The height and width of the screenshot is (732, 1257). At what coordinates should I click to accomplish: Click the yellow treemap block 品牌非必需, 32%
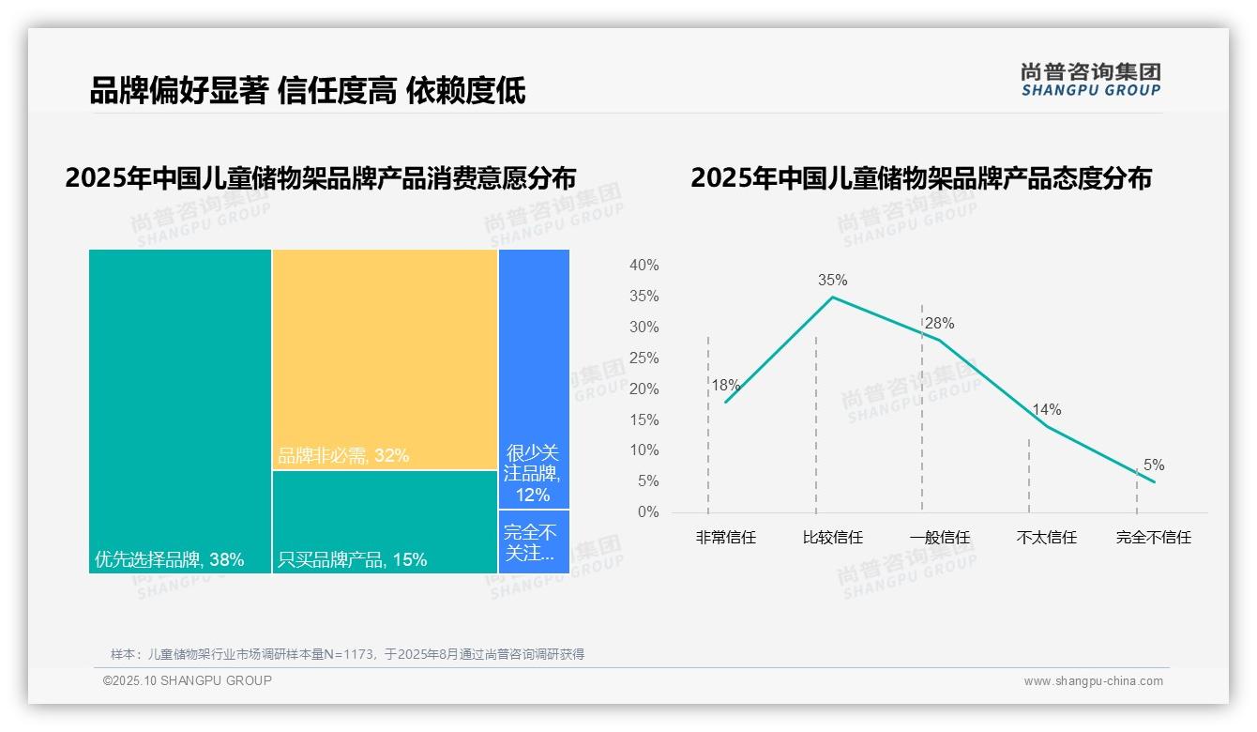point(385,359)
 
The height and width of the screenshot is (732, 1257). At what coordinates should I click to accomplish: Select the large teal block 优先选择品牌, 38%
point(180,411)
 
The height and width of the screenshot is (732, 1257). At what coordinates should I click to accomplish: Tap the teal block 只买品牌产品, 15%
point(385,522)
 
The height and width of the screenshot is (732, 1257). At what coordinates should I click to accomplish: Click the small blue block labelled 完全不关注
point(534,541)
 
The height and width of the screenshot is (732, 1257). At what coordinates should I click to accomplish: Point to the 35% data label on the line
point(832,280)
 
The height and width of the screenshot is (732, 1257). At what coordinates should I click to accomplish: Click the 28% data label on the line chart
point(939,324)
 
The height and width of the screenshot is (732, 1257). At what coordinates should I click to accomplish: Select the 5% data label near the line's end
point(1153,465)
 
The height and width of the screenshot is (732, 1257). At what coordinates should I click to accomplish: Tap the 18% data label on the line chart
point(725,385)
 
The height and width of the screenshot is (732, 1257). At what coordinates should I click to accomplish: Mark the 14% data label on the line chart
point(1046,410)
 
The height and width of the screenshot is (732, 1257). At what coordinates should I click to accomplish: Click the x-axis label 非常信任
point(725,538)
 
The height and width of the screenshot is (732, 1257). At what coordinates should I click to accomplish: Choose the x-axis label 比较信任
point(832,538)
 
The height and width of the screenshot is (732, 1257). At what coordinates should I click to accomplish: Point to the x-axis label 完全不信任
point(1153,538)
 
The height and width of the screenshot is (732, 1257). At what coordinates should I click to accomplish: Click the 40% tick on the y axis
point(644,266)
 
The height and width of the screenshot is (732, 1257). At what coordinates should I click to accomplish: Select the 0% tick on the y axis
point(648,512)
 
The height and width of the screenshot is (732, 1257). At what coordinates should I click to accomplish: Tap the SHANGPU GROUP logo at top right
point(1090,80)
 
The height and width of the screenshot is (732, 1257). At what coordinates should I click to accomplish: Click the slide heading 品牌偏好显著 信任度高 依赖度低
point(308,90)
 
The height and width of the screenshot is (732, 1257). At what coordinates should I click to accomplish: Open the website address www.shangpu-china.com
point(1093,681)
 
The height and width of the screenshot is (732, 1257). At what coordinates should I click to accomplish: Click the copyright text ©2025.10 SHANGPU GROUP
point(188,680)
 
